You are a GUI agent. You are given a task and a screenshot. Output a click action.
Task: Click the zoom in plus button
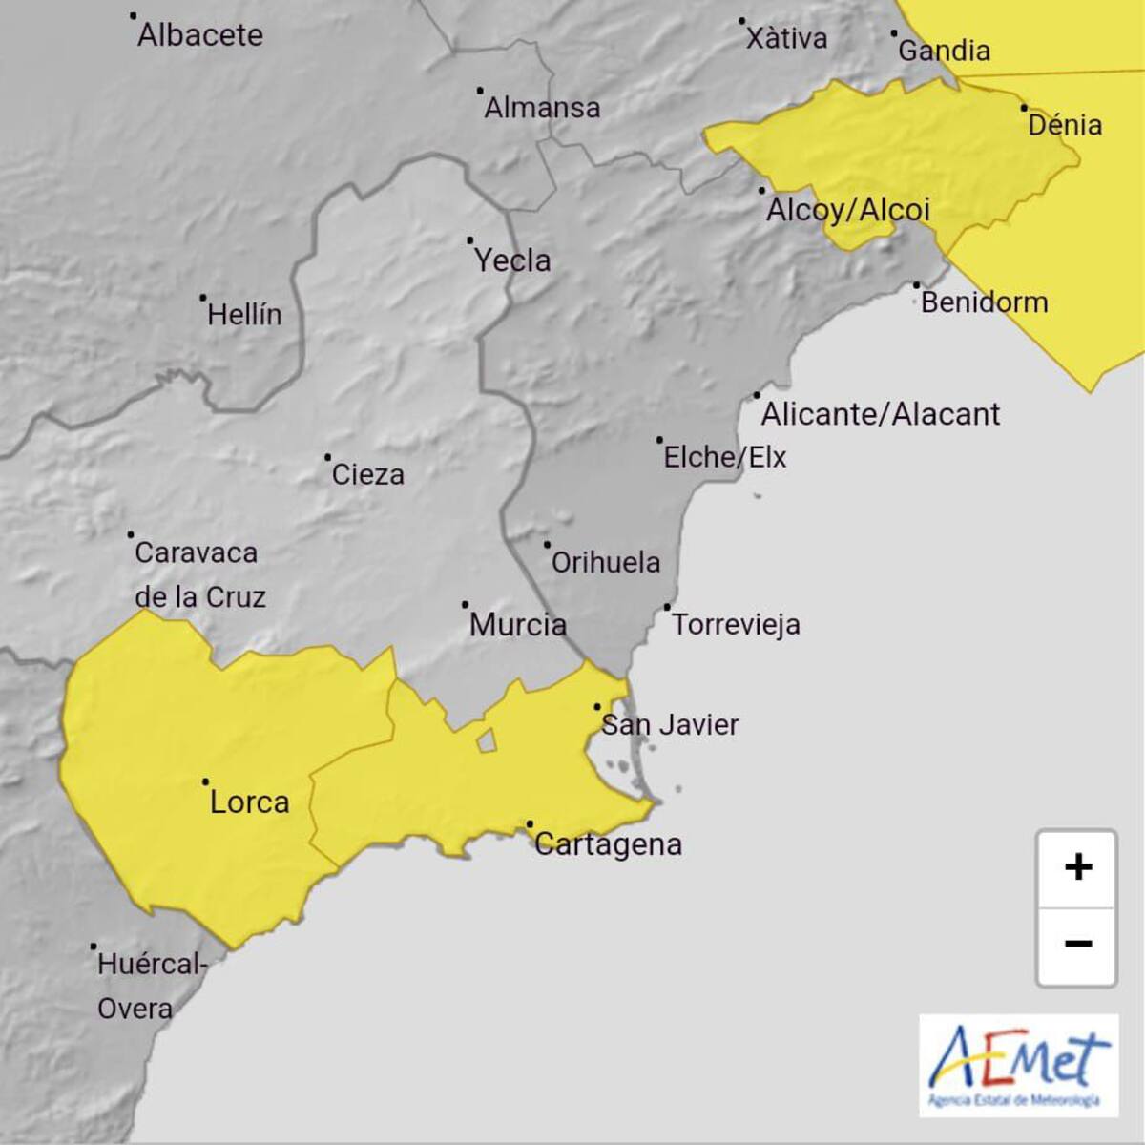tap(1077, 867)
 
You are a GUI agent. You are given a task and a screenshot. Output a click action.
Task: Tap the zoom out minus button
tap(1077, 944)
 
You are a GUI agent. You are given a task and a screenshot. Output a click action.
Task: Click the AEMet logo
tap(1018, 1064)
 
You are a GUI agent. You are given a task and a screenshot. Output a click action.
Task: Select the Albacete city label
tap(199, 35)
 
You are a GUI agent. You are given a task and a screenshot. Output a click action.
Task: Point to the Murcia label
tap(518, 625)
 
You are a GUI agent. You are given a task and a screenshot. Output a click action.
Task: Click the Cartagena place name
tap(608, 844)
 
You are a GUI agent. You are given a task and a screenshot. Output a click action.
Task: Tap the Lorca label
tap(249, 802)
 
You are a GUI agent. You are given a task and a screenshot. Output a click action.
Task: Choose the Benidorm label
tap(984, 302)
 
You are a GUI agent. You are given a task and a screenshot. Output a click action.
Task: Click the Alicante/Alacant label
tap(880, 414)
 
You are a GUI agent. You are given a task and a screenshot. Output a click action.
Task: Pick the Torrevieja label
tap(736, 625)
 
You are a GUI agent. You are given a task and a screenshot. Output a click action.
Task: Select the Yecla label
tap(512, 260)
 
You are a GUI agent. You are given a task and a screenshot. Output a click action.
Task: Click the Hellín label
tap(244, 314)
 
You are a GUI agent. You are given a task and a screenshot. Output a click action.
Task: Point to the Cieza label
tap(367, 474)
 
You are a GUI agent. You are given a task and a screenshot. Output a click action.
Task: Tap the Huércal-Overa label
tap(151, 986)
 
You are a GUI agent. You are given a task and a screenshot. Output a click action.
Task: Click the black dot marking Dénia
tap(1024, 108)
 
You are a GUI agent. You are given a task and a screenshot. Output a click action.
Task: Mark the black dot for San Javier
tap(597, 707)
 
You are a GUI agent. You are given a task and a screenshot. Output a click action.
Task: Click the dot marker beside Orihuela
tap(548, 545)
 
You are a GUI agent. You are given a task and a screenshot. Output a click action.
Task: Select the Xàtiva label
tap(786, 38)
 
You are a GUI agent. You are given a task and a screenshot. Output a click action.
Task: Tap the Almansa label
tap(542, 108)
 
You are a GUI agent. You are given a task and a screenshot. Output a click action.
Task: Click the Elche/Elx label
tap(724, 457)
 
